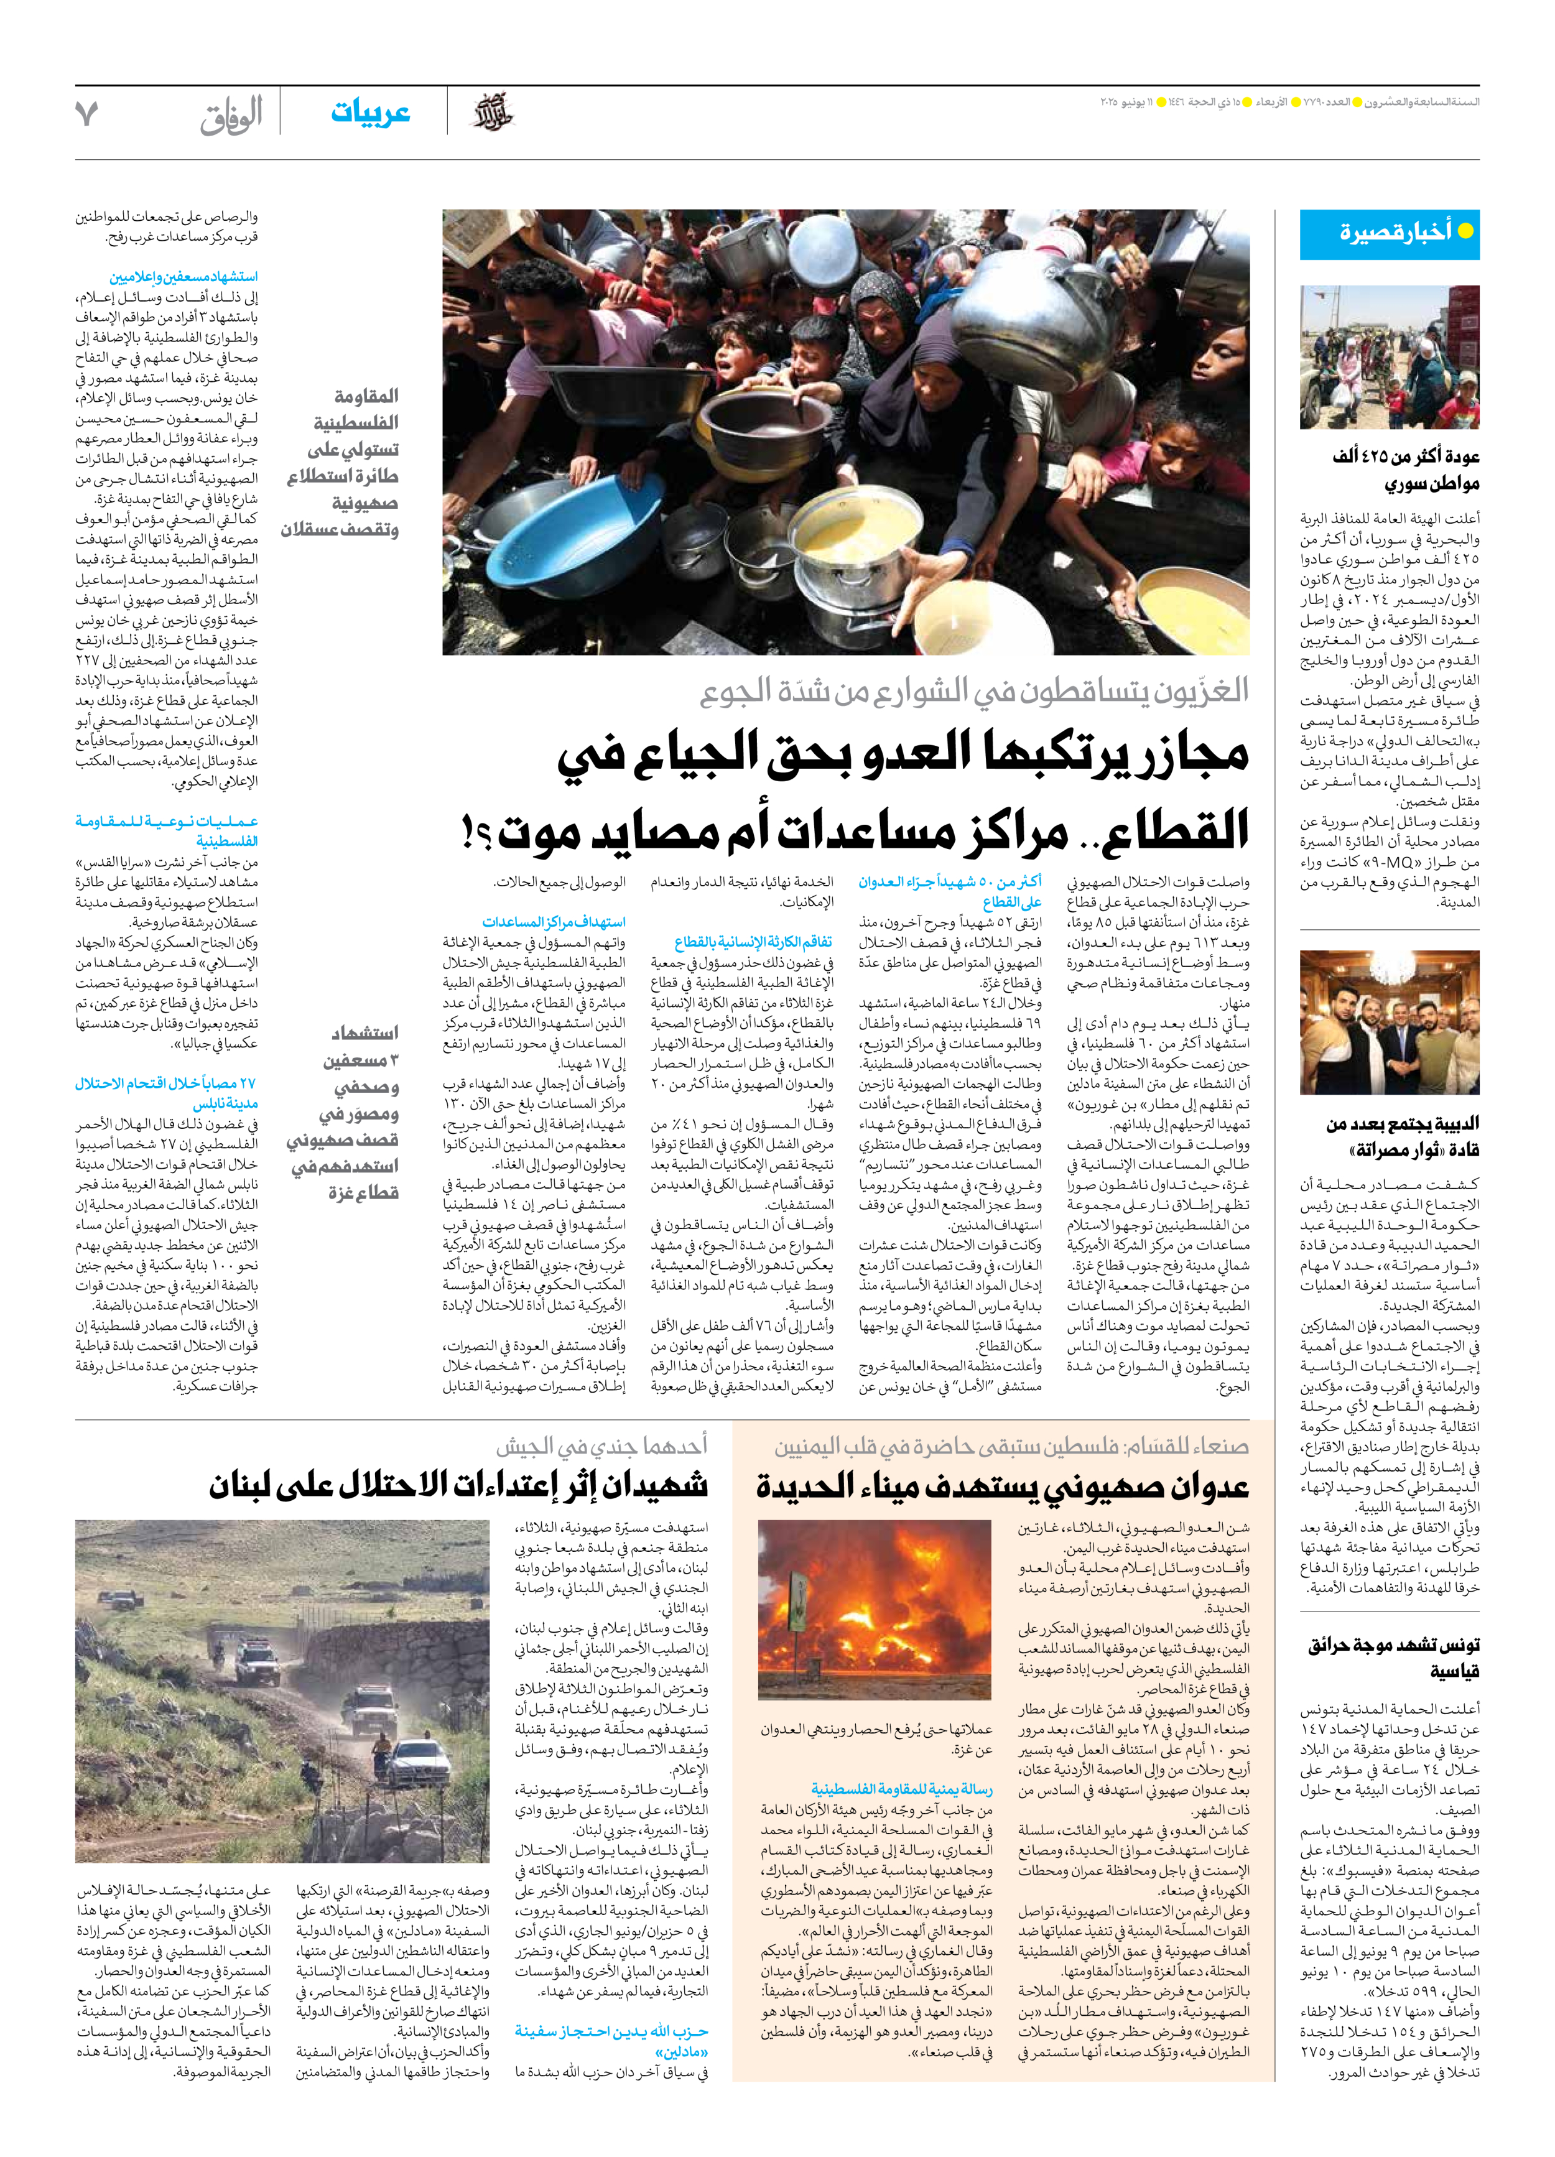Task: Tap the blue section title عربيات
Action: point(370,112)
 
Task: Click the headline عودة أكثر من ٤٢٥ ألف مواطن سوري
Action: point(1406,470)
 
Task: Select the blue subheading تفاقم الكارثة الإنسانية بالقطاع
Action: point(753,942)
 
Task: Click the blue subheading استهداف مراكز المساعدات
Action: point(554,922)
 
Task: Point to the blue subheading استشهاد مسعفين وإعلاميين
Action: point(183,277)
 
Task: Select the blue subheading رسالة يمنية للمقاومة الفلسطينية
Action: point(902,1789)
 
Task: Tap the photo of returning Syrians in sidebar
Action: point(1390,358)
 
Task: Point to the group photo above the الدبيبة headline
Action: point(1390,1023)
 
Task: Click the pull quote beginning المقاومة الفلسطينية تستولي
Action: point(341,462)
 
